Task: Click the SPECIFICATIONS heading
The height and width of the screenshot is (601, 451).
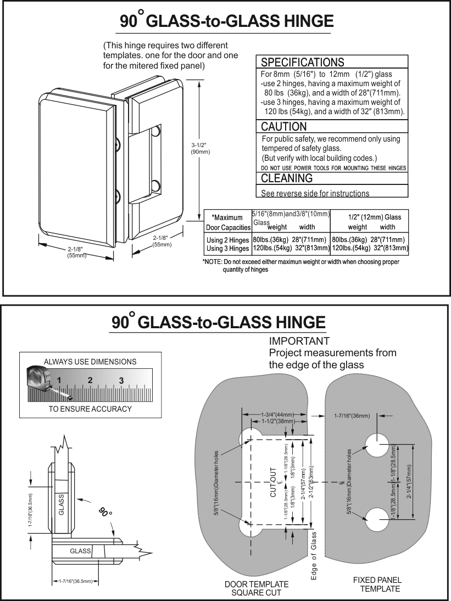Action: point(302,61)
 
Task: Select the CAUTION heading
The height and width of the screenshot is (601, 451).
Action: point(283,127)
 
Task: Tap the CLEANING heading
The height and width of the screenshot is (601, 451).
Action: point(286,178)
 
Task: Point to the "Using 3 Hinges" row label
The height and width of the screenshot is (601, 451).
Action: point(227,249)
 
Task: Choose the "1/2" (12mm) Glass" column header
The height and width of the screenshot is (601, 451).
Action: point(371,217)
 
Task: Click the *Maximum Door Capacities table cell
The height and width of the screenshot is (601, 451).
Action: point(227,222)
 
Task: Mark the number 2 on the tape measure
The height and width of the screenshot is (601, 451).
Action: point(90,380)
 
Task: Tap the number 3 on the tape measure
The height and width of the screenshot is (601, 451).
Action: point(121,380)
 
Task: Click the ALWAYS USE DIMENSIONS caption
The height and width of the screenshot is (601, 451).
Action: point(90,362)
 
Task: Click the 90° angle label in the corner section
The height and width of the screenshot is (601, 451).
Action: point(106,513)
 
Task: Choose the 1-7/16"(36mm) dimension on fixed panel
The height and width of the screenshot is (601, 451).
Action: point(352,415)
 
